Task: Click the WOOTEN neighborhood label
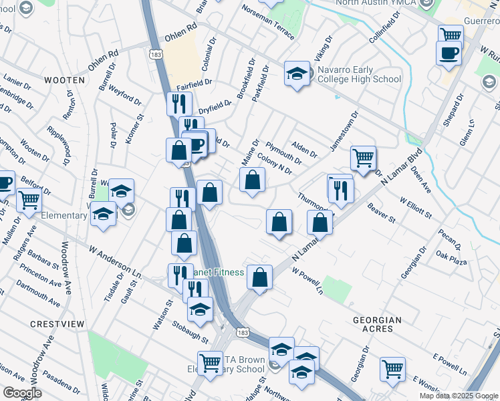point(65,80)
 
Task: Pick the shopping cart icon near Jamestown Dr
point(363,159)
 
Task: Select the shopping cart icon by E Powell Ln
point(392,368)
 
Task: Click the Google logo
point(23,393)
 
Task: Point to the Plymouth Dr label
point(283,152)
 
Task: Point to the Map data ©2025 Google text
point(458,396)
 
